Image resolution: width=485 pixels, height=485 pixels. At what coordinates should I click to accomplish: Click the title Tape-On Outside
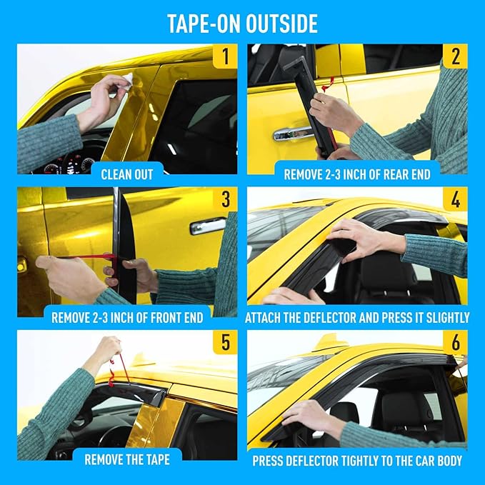tap(242, 23)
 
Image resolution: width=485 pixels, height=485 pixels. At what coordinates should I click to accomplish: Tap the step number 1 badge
tap(225, 56)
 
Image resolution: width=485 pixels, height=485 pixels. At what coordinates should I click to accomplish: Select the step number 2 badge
tap(456, 56)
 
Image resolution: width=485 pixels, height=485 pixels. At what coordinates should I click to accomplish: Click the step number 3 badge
tap(225, 199)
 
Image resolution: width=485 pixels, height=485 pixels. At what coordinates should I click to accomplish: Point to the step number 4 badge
tap(456, 199)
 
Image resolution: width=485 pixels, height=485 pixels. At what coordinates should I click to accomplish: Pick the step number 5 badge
tap(225, 342)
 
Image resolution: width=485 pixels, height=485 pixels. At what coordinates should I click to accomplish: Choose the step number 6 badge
tap(456, 342)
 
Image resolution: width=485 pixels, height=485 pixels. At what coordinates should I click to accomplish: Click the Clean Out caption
tap(127, 174)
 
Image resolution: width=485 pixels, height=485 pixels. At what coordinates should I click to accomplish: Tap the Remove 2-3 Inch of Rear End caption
tap(357, 174)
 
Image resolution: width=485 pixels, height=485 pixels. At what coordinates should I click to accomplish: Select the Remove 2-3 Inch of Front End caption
tap(126, 316)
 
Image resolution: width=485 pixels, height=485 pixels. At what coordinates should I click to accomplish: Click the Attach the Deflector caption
tap(357, 316)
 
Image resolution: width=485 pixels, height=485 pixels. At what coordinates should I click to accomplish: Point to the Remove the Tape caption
tap(126, 459)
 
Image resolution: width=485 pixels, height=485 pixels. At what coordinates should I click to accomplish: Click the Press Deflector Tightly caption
tap(357, 461)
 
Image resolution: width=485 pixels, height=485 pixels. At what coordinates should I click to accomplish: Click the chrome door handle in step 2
tap(292, 133)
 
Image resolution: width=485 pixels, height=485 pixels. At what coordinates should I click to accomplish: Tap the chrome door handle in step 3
tap(207, 226)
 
